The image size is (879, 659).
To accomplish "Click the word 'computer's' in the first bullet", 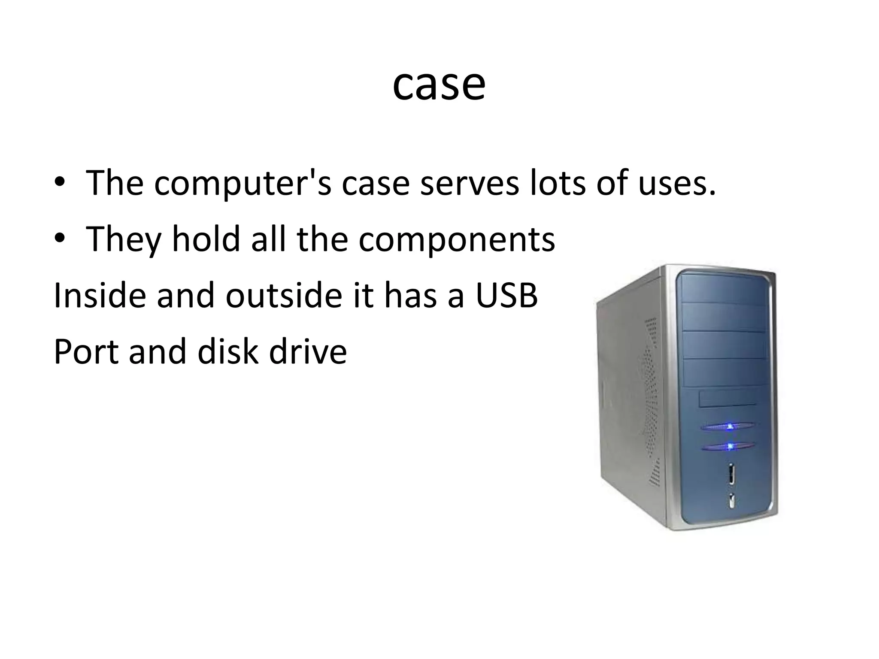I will pyautogui.click(x=242, y=183).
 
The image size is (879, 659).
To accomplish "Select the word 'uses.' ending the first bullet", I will pyautogui.click(x=677, y=183).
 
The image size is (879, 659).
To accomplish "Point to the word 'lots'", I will pyautogui.click(x=558, y=183).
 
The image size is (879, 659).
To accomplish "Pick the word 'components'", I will pyautogui.click(x=457, y=240).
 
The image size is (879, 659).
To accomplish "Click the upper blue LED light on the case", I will pyautogui.click(x=729, y=426).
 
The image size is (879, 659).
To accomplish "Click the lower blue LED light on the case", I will pyautogui.click(x=730, y=447).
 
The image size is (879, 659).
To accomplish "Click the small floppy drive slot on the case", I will pyautogui.click(x=727, y=399).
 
